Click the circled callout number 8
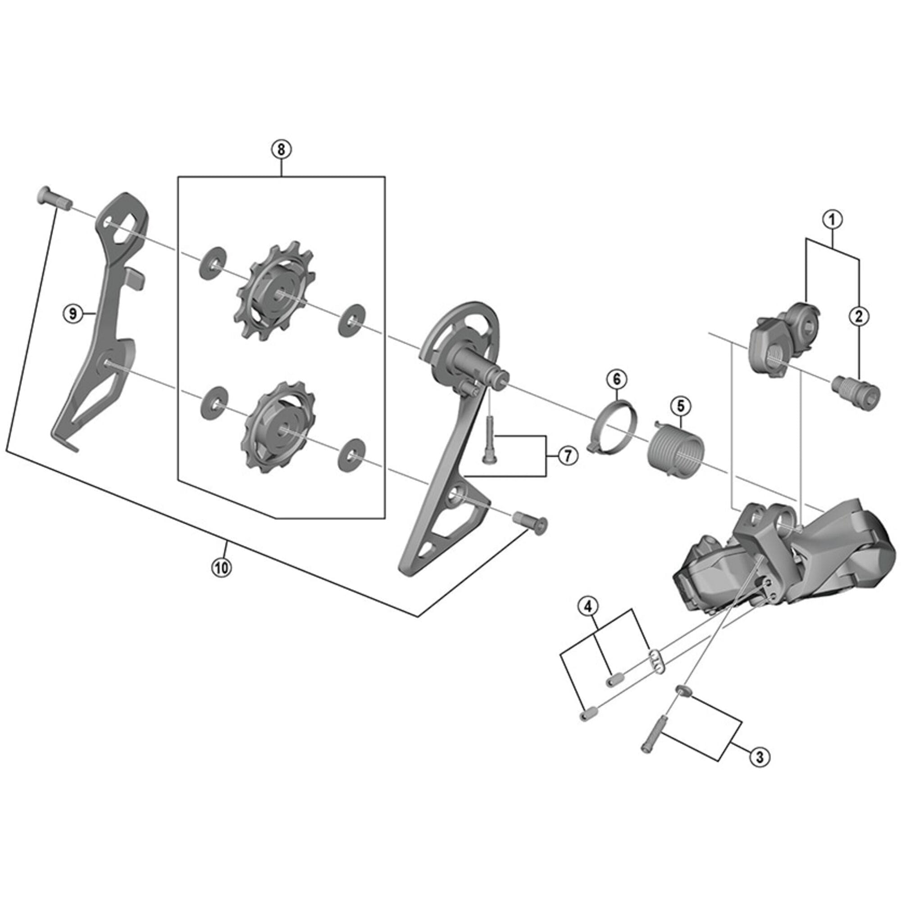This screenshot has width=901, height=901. (x=281, y=150)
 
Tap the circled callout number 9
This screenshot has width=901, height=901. (x=72, y=314)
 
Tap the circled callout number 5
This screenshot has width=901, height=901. (x=680, y=406)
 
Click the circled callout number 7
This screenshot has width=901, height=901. (x=568, y=455)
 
